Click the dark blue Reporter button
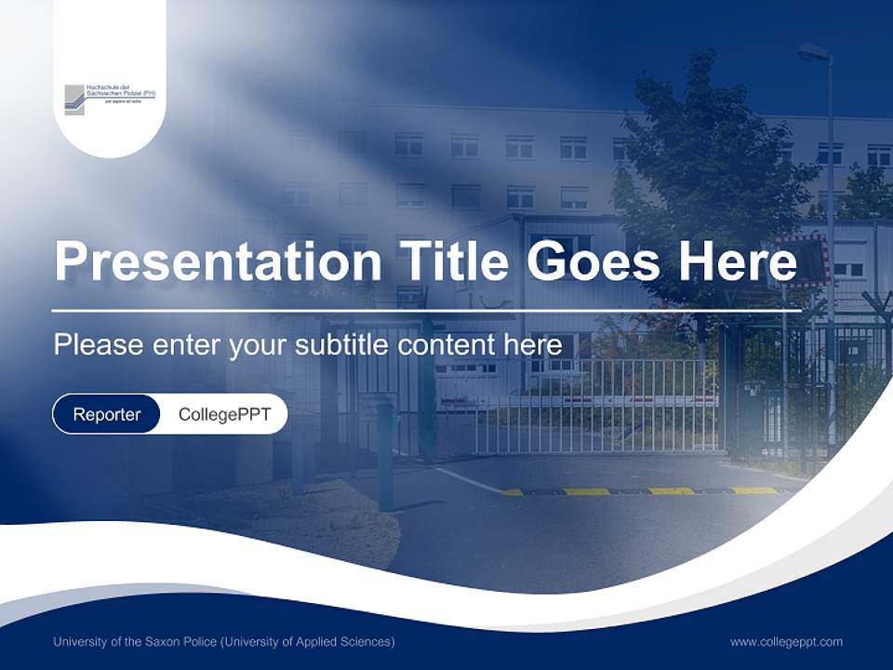[107, 414]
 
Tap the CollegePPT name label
[224, 414]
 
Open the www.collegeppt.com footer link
[786, 641]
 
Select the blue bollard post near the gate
[384, 456]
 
